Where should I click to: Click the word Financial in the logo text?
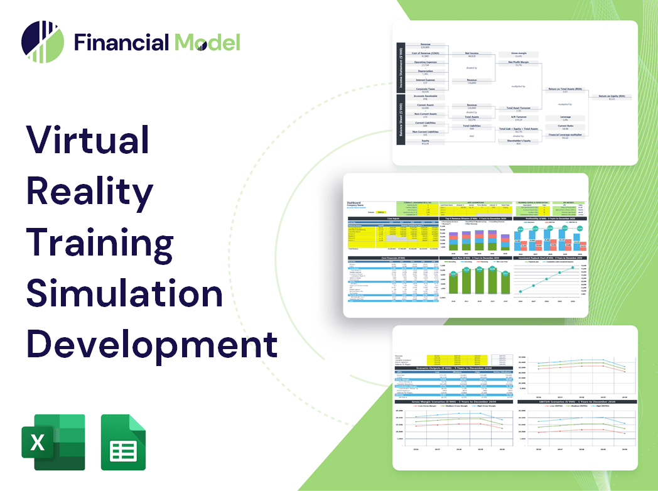pyautogui.click(x=121, y=42)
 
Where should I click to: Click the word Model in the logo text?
pyautogui.click(x=208, y=42)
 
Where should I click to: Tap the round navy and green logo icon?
pyautogui.click(x=43, y=42)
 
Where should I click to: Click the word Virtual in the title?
pyautogui.click(x=88, y=139)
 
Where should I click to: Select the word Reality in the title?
pyautogui.click(x=90, y=191)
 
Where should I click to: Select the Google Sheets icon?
pyautogui.click(x=123, y=442)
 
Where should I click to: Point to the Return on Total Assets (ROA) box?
pyautogui.click(x=565, y=89)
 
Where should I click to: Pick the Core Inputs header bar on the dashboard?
pyautogui.click(x=393, y=219)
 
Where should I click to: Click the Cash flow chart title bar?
pyautogui.click(x=475, y=257)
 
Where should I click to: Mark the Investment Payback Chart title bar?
pyautogui.click(x=551, y=257)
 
